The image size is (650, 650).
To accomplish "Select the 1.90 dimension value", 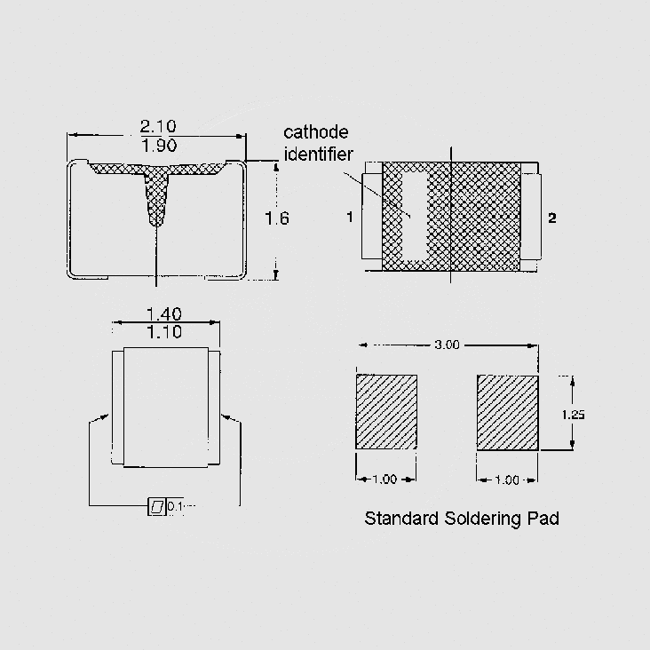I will click(x=158, y=146).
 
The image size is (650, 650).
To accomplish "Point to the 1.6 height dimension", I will click(x=277, y=218).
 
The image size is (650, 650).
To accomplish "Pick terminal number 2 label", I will click(x=551, y=218).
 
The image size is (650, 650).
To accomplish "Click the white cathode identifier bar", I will click(x=415, y=217).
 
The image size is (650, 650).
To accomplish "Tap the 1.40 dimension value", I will click(x=163, y=313).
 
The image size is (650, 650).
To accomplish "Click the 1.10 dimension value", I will click(x=163, y=333).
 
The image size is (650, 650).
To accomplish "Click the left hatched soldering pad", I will click(x=386, y=412).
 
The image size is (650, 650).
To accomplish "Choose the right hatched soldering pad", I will click(x=507, y=412).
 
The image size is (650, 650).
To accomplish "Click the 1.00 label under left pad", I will click(x=384, y=480).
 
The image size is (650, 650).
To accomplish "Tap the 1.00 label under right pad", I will click(x=506, y=480).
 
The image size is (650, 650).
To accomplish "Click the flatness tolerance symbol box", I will click(x=156, y=507).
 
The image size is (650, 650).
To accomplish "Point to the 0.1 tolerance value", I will click(x=175, y=507).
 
